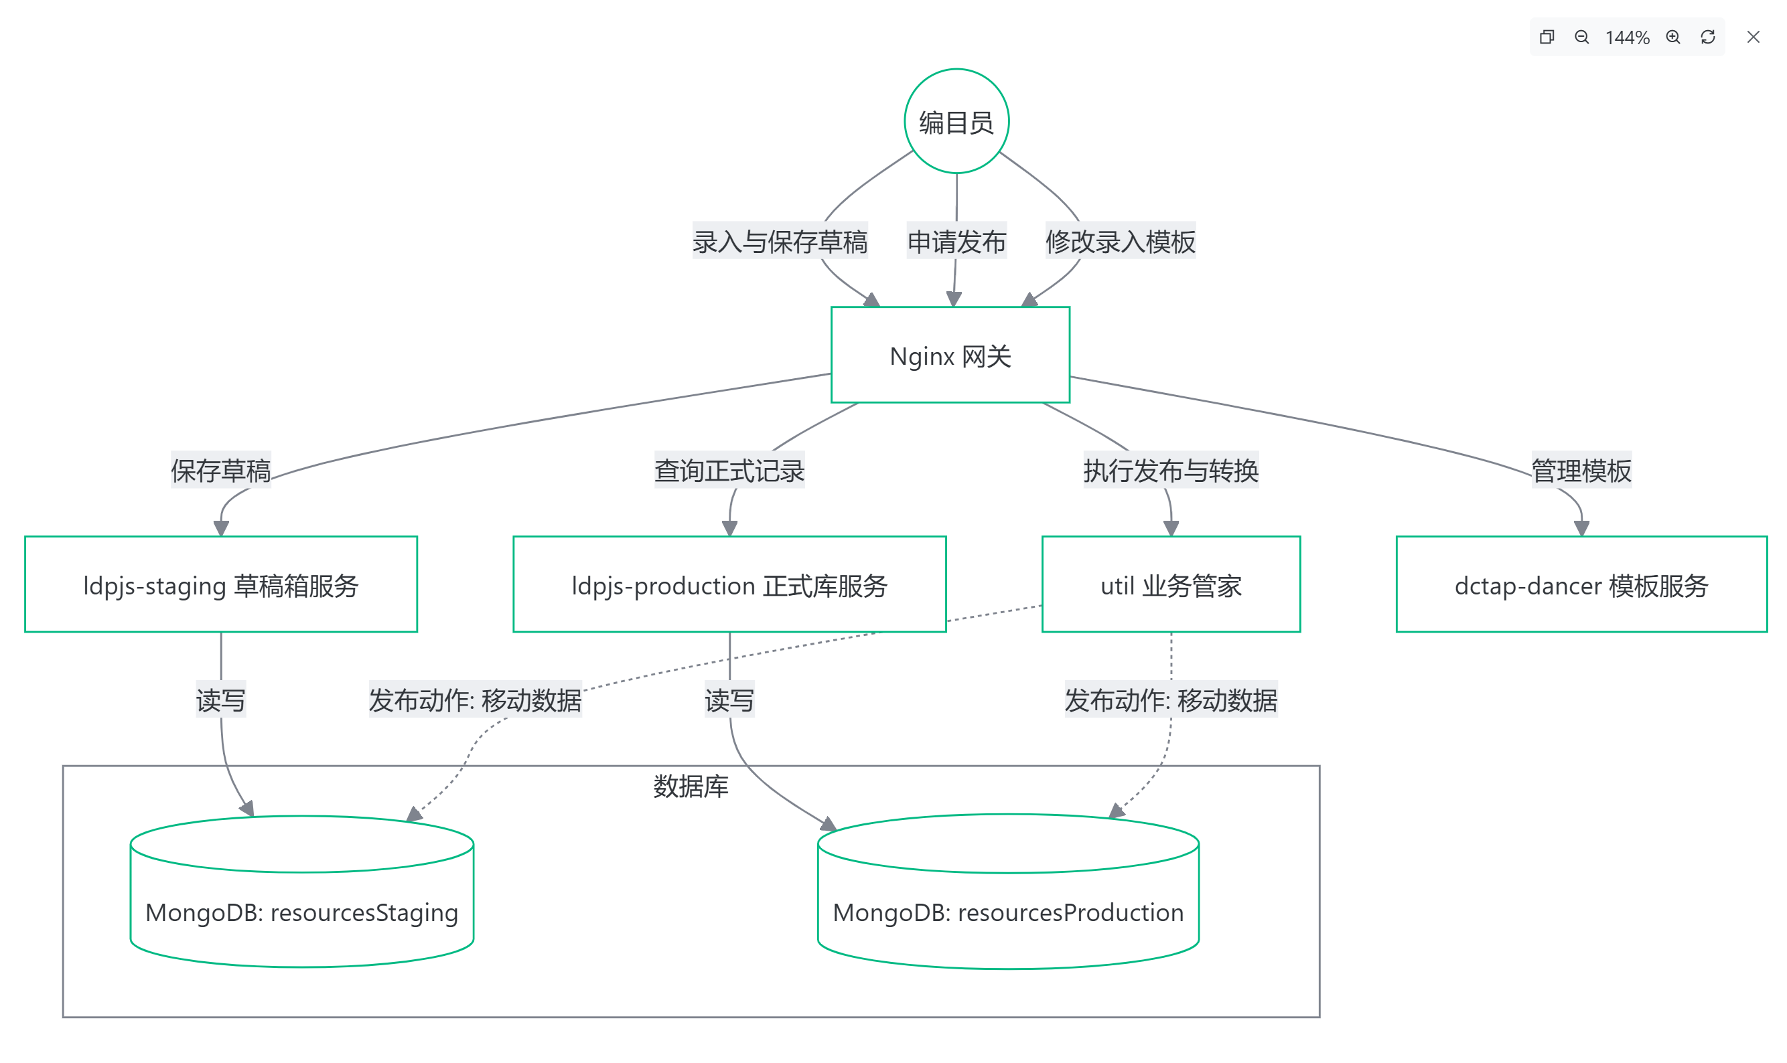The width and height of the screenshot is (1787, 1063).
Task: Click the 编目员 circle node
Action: point(956,121)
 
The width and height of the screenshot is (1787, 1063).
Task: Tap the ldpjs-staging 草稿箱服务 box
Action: point(220,584)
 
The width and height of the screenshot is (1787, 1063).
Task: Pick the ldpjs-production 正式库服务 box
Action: point(729,584)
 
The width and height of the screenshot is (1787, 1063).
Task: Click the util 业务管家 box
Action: point(1170,584)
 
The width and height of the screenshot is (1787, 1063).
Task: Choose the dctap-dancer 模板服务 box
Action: point(1581,584)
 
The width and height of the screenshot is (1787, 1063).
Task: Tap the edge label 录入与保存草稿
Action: point(779,242)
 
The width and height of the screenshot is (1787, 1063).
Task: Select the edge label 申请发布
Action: point(956,242)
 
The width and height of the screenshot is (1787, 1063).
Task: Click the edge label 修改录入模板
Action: point(1119,242)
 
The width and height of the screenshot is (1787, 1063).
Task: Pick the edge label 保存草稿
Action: point(220,470)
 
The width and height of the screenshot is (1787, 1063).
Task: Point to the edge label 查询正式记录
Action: point(729,470)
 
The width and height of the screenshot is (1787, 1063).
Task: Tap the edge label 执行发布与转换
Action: point(1170,470)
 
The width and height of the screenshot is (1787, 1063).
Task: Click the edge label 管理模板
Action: point(1581,470)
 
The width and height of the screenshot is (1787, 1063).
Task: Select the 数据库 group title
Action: point(690,786)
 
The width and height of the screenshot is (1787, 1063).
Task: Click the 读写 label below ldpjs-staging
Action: point(220,699)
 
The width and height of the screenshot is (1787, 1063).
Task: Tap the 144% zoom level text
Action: point(1626,37)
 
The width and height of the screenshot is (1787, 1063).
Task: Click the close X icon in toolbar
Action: point(1752,37)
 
